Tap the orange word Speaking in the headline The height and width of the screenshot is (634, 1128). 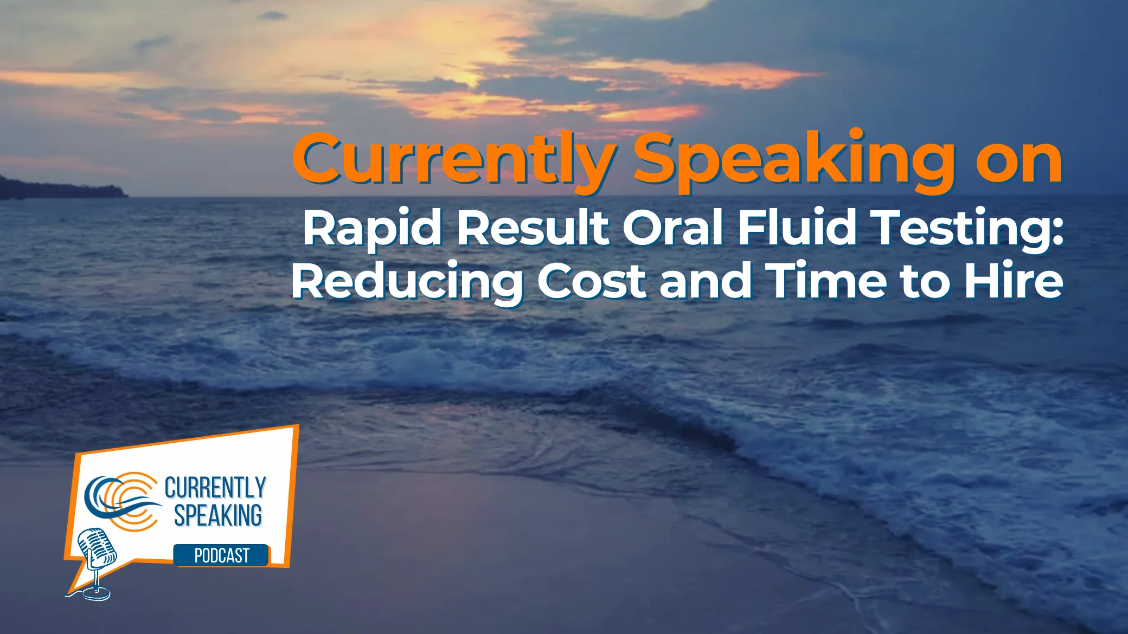pos(793,161)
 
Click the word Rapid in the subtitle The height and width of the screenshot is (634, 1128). pos(372,228)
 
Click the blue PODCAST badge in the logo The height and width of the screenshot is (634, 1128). pos(221,555)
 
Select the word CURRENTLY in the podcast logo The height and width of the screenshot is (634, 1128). pos(215,488)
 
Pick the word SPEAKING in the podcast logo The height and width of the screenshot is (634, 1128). pos(218,515)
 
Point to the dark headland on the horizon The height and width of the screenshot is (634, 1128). pos(60,187)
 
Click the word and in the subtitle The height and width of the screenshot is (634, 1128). pos(706,281)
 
